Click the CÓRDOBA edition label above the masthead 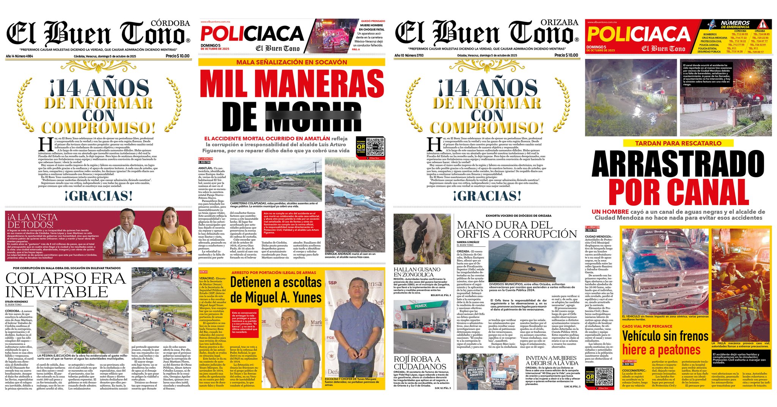(170, 23)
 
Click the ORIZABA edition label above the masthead (559, 22)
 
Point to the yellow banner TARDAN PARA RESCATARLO (678, 143)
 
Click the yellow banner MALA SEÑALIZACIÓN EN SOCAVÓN (291, 62)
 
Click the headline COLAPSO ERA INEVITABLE (65, 285)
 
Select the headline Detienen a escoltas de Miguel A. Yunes (276, 290)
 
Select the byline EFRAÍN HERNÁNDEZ (16, 301)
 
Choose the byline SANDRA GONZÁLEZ (468, 242)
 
